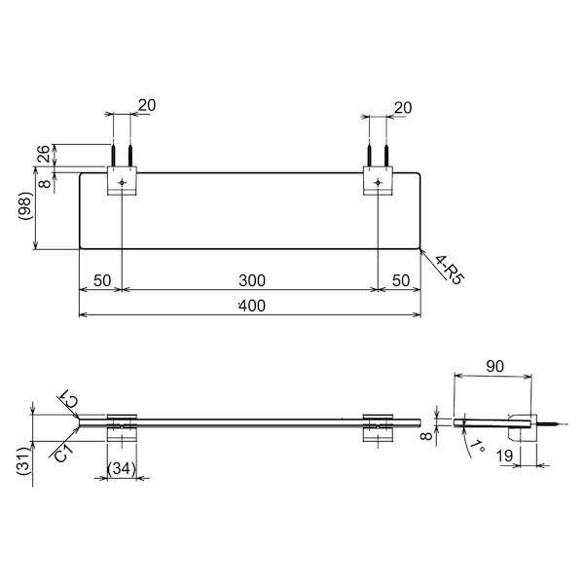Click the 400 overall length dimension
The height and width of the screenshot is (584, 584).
(x=252, y=306)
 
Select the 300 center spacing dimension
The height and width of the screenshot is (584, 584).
(x=252, y=280)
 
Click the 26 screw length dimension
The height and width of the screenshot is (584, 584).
(x=44, y=154)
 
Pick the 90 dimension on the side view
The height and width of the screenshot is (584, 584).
(x=495, y=367)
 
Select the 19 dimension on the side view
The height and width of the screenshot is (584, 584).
(x=504, y=456)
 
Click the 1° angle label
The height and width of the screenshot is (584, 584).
(x=477, y=446)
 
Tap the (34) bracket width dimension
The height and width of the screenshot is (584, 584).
(x=122, y=468)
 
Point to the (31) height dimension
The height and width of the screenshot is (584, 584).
(x=23, y=460)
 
